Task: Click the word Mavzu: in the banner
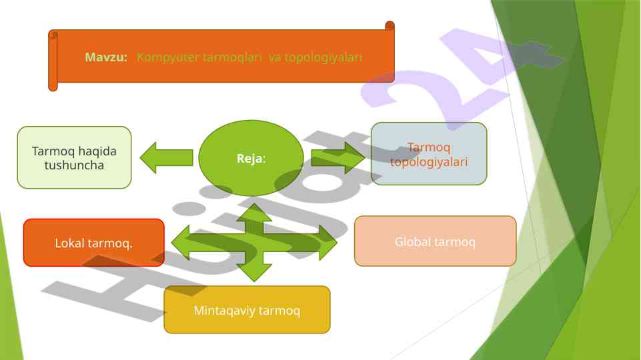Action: click(106, 57)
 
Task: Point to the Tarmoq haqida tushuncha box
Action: click(74, 157)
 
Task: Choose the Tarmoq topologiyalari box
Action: click(429, 153)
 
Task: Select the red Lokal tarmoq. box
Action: click(94, 243)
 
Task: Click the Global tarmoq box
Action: click(435, 241)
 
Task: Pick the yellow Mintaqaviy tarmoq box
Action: click(247, 310)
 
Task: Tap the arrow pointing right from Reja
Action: click(338, 158)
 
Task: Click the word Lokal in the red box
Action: click(69, 243)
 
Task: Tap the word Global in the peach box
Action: click(412, 241)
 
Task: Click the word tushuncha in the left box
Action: click(74, 165)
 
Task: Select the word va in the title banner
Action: click(275, 57)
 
